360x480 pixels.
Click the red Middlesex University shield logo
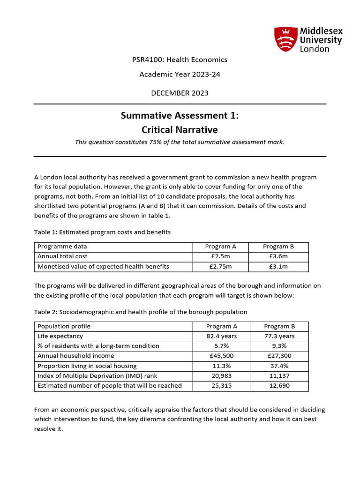click(x=285, y=39)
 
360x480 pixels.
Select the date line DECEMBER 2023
click(x=180, y=93)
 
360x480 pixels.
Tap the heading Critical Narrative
click(x=180, y=129)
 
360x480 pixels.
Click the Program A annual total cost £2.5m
click(x=220, y=256)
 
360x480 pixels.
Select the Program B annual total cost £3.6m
click(x=278, y=256)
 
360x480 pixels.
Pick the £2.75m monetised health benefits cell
click(x=220, y=266)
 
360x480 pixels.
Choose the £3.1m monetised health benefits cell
click(x=278, y=266)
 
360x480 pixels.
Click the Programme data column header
click(x=62, y=247)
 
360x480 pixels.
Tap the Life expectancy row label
click(x=60, y=336)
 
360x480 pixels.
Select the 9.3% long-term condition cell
click(x=279, y=346)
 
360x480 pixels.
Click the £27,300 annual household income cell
click(x=279, y=356)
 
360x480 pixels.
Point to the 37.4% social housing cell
click(x=279, y=366)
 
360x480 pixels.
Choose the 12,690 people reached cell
click(x=279, y=386)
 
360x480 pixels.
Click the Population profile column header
click(x=64, y=326)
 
